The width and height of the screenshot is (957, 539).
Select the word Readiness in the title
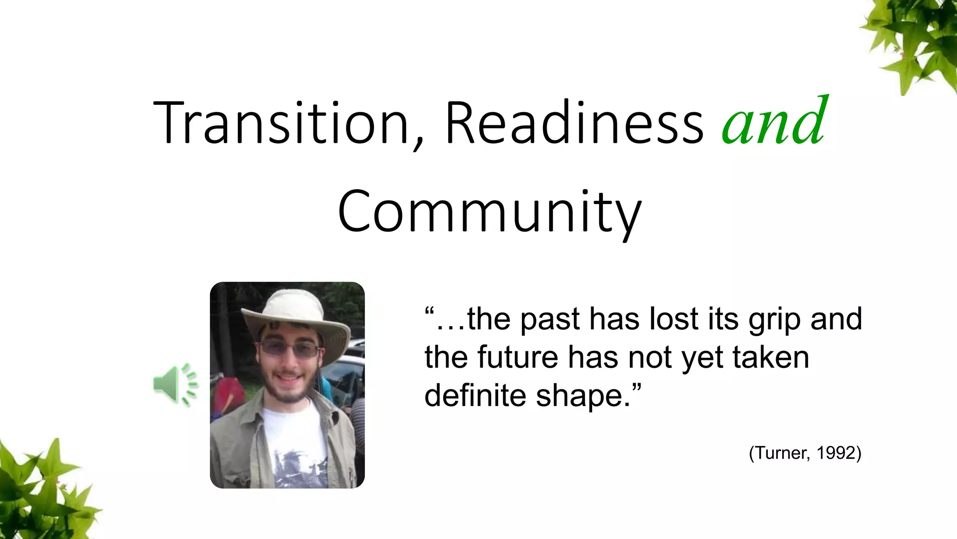(574, 123)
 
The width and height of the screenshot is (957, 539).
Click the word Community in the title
(489, 211)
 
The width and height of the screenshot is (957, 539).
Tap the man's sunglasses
(289, 349)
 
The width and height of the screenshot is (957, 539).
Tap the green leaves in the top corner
(911, 42)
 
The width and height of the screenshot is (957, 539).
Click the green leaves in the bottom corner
(42, 491)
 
